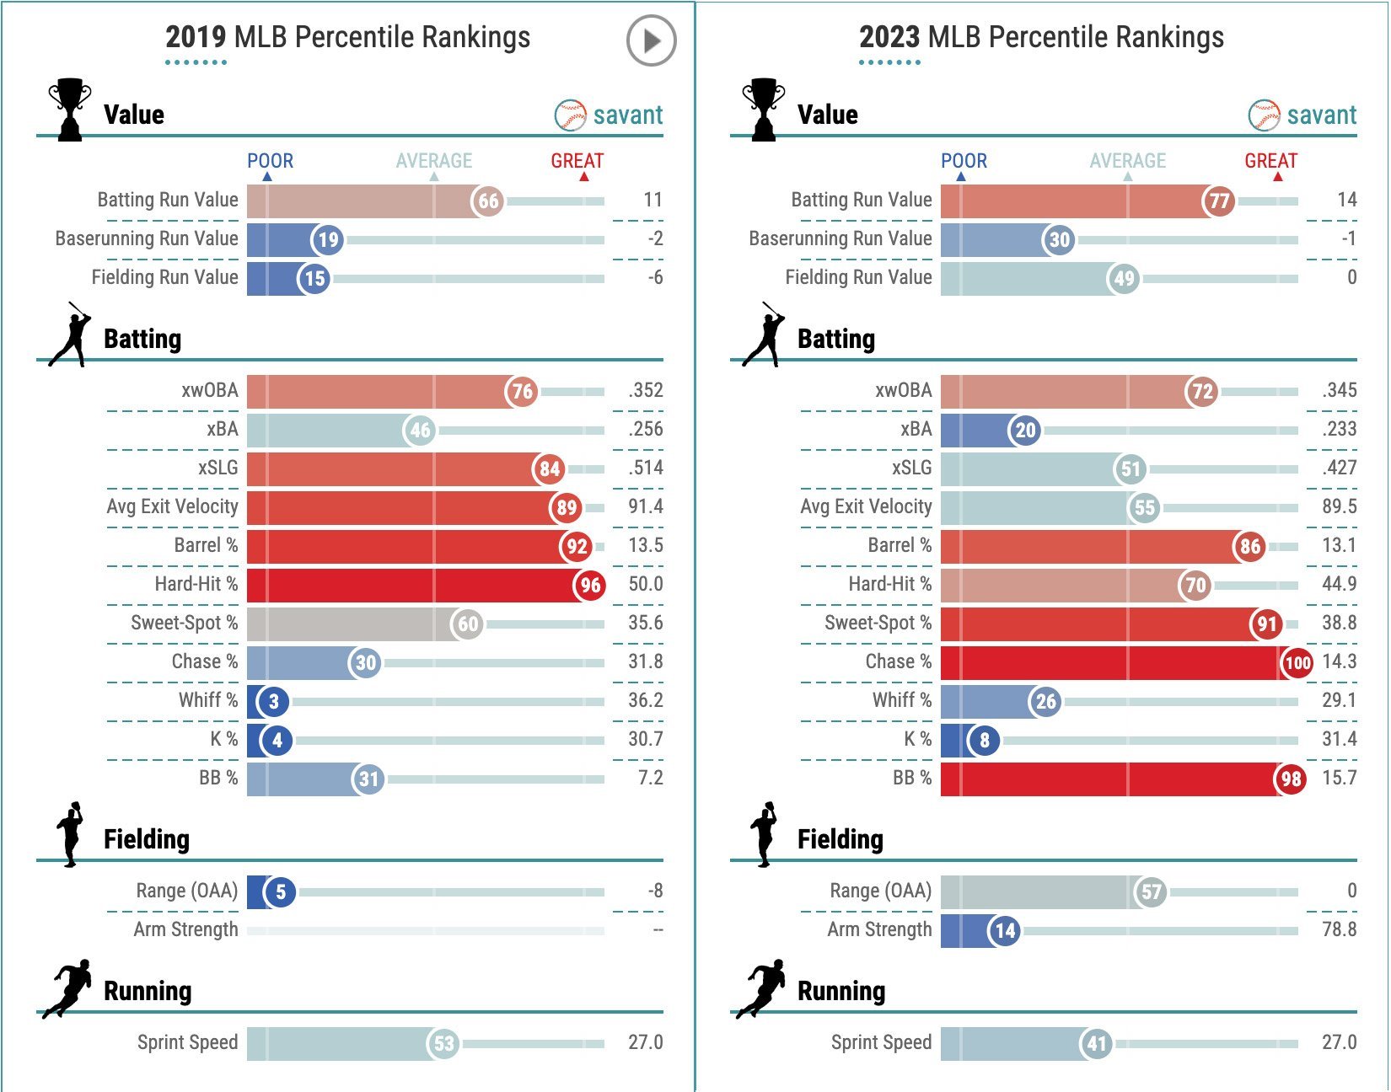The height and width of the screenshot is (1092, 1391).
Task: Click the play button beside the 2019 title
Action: click(651, 40)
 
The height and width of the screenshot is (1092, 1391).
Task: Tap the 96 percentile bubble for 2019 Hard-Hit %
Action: click(590, 585)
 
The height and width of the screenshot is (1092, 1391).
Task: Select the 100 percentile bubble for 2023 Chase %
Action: click(1297, 662)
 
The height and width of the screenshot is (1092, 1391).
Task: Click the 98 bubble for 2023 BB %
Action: click(1291, 779)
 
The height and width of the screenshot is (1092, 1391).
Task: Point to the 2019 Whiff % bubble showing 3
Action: click(273, 701)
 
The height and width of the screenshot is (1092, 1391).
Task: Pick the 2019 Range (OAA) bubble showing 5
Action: click(280, 891)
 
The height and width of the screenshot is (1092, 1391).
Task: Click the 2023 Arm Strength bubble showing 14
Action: click(1004, 930)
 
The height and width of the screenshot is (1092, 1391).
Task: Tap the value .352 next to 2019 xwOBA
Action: click(645, 390)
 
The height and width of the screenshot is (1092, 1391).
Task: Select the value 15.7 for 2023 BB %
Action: click(1339, 778)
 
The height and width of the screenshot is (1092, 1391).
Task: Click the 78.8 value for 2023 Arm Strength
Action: click(1339, 929)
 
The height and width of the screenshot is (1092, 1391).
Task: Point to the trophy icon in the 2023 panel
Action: click(763, 110)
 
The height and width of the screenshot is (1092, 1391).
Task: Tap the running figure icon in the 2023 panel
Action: click(762, 988)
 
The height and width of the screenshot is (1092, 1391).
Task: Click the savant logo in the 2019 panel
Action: click(609, 115)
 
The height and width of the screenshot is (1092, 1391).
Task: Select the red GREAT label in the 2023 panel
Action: click(1270, 161)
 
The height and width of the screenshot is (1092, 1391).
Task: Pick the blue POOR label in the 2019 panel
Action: click(270, 161)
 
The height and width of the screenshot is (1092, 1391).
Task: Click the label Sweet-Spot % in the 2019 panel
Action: click(184, 623)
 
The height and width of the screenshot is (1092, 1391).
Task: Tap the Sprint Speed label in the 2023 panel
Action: click(881, 1042)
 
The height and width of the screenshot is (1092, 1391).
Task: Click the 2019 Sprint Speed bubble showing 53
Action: click(443, 1044)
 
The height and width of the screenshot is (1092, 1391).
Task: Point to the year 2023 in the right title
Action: click(889, 37)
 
